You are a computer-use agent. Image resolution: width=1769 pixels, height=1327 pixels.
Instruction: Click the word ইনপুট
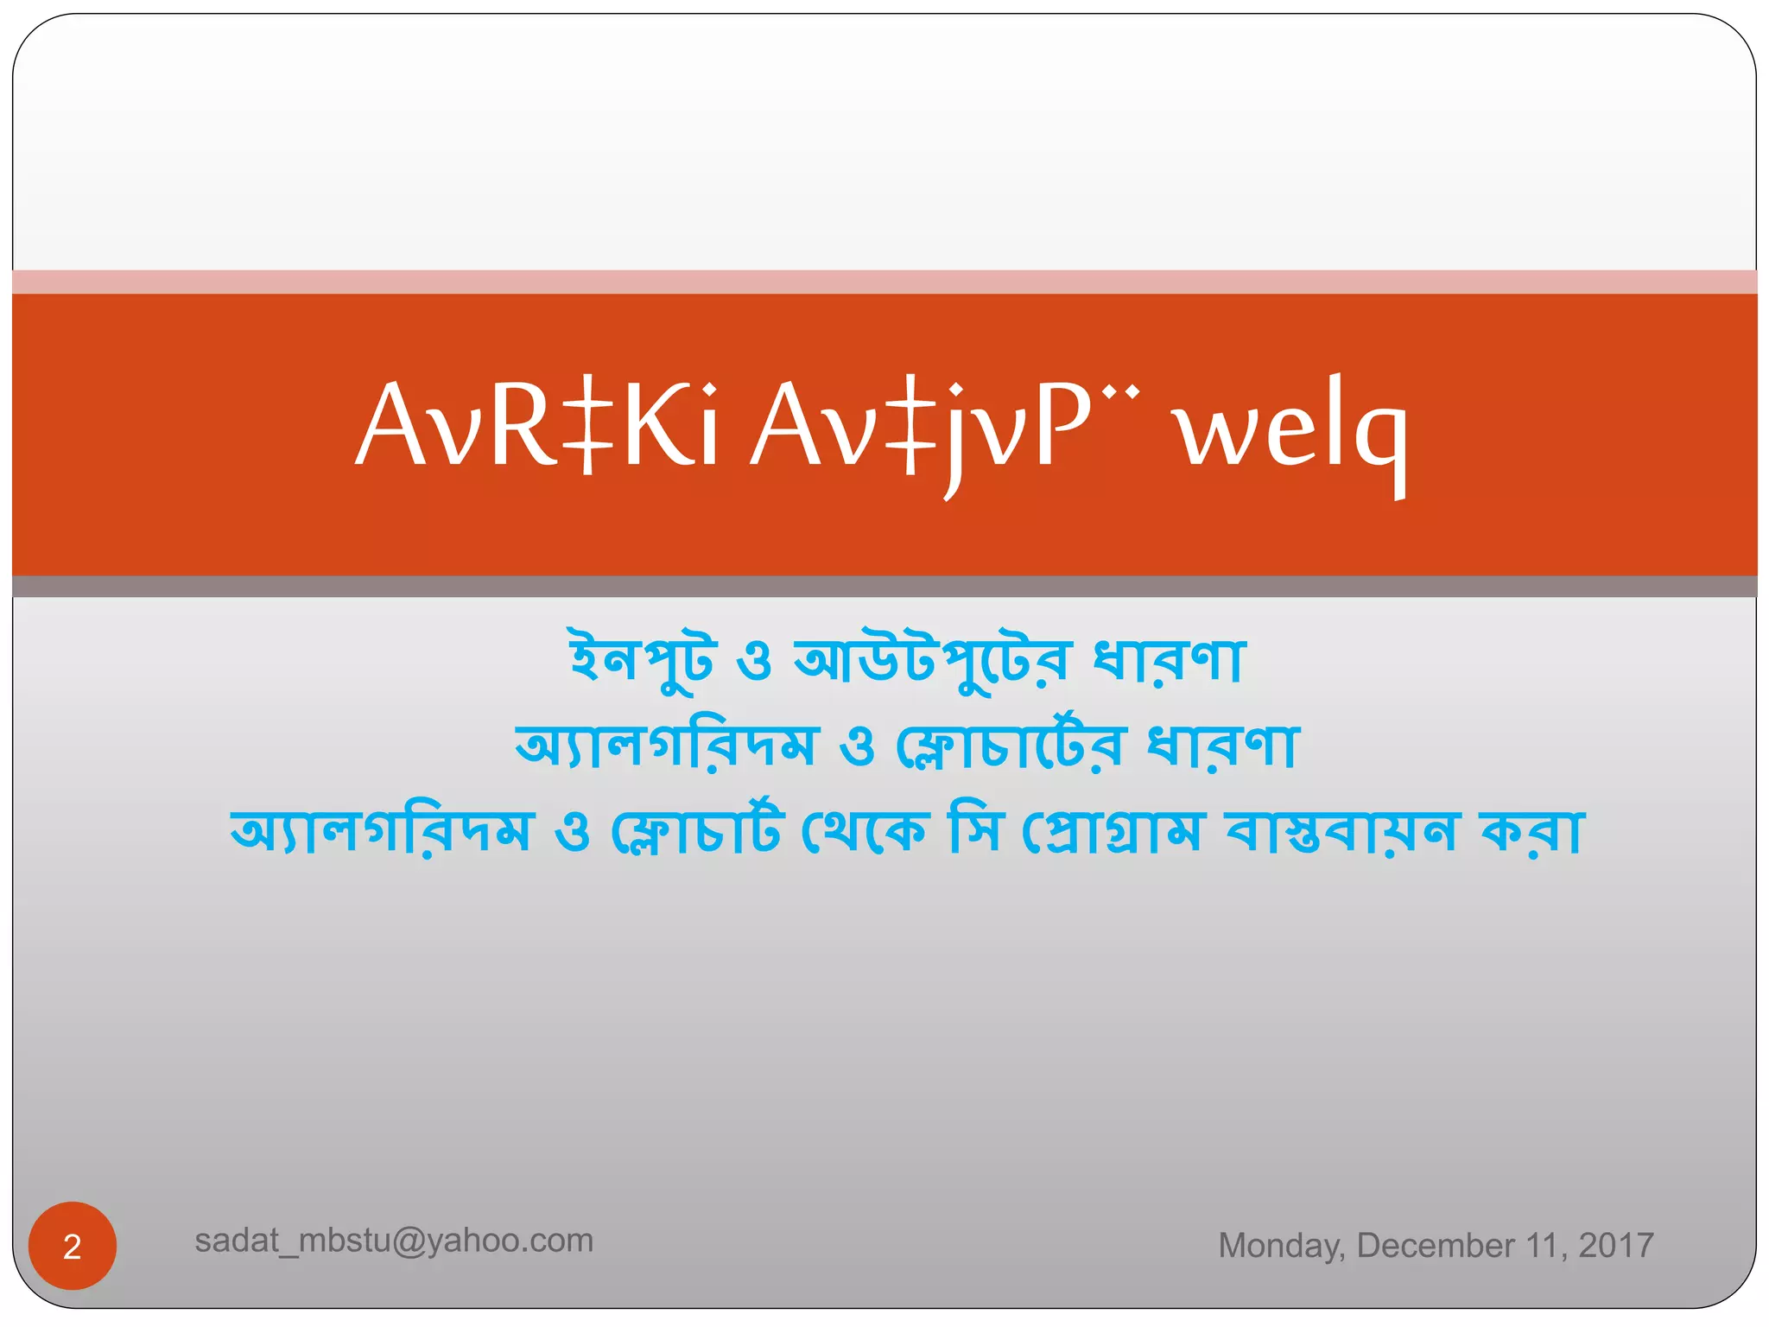(x=642, y=661)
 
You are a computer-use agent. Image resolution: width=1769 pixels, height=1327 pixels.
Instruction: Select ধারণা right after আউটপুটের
(x=1169, y=661)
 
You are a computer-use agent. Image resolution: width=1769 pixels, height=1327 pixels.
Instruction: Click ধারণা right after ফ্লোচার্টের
(x=1222, y=746)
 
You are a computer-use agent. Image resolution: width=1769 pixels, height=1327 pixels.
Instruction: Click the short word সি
(x=975, y=831)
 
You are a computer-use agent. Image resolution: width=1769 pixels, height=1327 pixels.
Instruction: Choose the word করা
(x=1531, y=831)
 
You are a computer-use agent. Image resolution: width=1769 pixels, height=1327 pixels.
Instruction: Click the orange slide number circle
(x=73, y=1246)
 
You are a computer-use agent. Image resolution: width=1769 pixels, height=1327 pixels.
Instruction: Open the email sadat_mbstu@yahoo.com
(x=394, y=1241)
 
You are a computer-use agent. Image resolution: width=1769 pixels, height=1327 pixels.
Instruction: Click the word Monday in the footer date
(x=1281, y=1246)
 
